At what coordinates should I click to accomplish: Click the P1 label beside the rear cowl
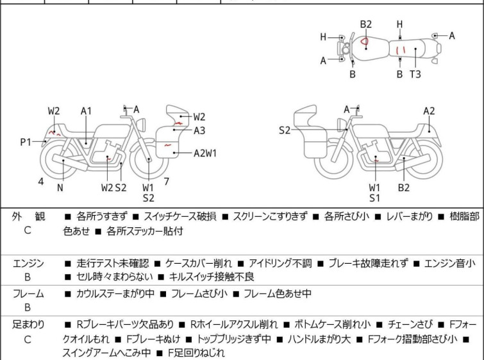(x=25, y=142)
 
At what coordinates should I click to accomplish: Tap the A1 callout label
(x=87, y=111)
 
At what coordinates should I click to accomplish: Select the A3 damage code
(x=199, y=130)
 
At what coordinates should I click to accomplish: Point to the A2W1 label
(x=206, y=153)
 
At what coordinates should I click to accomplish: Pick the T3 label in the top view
(x=415, y=74)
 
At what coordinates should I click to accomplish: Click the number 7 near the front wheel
(x=167, y=182)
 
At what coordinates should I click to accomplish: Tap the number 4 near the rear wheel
(x=41, y=182)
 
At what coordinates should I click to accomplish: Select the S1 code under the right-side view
(x=375, y=198)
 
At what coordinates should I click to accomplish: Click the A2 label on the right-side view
(x=429, y=111)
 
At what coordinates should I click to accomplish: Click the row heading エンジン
(x=28, y=263)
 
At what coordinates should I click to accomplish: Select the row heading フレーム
(x=28, y=294)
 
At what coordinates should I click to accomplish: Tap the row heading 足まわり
(x=28, y=325)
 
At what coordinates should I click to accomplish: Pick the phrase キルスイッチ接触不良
(x=211, y=277)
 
